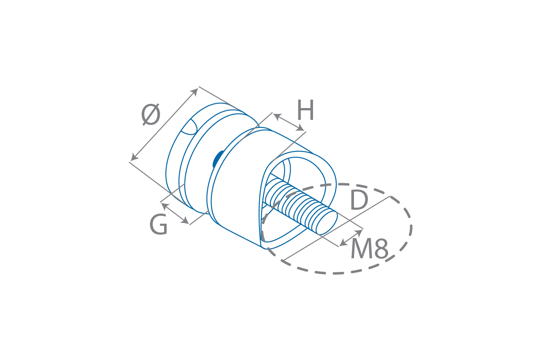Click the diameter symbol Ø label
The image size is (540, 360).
(151, 115)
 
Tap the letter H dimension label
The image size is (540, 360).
(305, 111)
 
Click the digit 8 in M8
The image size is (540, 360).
(381, 249)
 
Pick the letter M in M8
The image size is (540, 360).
(361, 249)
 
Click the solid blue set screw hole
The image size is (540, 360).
(218, 159)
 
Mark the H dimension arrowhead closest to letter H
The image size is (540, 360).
(300, 128)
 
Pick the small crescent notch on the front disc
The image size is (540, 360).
(190, 127)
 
